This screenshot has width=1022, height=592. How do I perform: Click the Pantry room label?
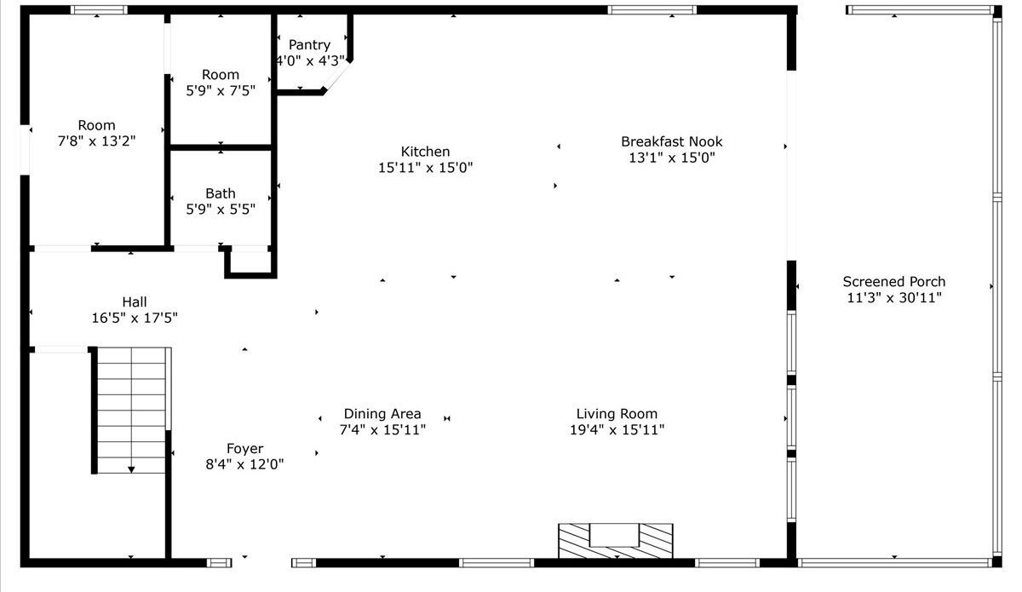pos(309,45)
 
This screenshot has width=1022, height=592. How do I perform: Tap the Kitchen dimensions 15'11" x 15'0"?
pos(425,168)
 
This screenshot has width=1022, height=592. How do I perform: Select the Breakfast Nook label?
pos(672,141)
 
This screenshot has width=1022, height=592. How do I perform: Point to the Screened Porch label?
pos(893,281)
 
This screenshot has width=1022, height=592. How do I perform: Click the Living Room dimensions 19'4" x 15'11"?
pos(617,429)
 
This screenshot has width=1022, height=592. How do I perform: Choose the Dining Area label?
pos(382,413)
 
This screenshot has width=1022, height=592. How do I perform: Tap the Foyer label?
pos(244,449)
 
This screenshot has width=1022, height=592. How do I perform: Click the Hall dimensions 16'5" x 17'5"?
pos(135,318)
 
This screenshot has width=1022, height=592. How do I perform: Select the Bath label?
pos(221,193)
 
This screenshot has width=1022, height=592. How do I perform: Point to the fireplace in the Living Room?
pos(616,541)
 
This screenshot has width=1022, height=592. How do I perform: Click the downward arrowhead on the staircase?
pos(131,469)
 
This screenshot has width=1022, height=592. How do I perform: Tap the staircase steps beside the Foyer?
pos(131,411)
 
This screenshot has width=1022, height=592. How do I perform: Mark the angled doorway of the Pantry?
pos(337,76)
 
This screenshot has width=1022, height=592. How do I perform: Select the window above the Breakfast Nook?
pos(652,10)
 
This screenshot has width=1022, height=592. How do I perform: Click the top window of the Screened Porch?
pos(920,10)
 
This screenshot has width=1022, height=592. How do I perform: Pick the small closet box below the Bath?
pos(250,262)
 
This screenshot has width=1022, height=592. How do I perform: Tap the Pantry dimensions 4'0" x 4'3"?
pos(310,60)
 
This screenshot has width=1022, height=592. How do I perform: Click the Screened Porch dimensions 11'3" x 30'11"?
pos(894,297)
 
